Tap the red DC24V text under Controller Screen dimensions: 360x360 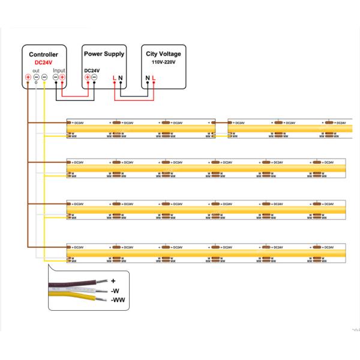point(44,62)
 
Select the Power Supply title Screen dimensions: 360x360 point(104,53)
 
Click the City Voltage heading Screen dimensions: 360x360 point(163,53)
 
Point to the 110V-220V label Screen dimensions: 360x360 point(163,62)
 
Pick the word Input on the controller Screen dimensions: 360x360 point(59,70)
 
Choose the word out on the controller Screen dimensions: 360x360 point(36,70)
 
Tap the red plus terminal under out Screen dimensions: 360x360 point(28,77)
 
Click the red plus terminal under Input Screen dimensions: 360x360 point(62,77)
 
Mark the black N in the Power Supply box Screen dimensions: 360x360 point(120,77)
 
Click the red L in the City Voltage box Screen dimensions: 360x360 point(154,77)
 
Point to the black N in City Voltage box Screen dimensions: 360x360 point(148,77)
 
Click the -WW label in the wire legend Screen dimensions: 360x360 point(118,299)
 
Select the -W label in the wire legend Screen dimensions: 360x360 point(116,290)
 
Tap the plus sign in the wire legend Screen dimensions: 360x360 point(113,280)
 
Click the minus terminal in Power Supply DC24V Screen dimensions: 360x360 point(94,77)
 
